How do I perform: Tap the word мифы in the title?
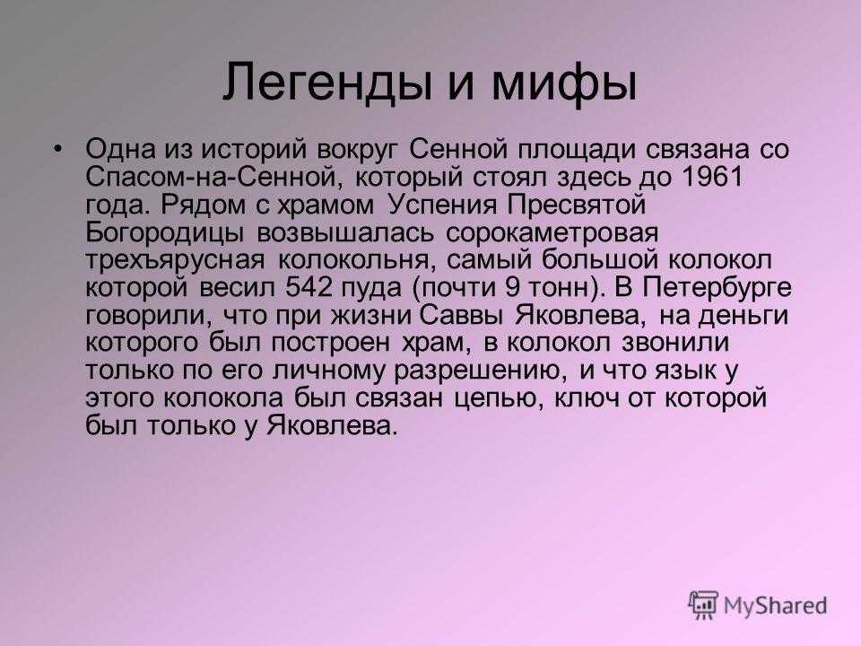pyautogui.click(x=563, y=83)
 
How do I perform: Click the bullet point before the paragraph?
pyautogui.click(x=59, y=149)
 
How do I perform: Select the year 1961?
pyautogui.click(x=711, y=177)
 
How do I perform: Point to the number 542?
pyautogui.click(x=309, y=287)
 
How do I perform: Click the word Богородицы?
pyautogui.click(x=165, y=232)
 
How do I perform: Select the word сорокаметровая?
pyautogui.click(x=552, y=232)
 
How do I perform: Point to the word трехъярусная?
pyautogui.click(x=175, y=260)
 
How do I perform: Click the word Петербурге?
pyautogui.click(x=717, y=287)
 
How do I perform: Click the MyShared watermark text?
pyautogui.click(x=775, y=606)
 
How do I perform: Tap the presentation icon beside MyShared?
pyautogui.click(x=703, y=605)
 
